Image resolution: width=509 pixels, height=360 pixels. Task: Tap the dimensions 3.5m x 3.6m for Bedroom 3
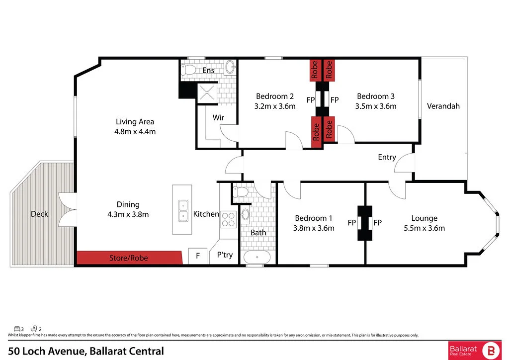pyautogui.click(x=376, y=106)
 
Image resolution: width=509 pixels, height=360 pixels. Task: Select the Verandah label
pyautogui.click(x=443, y=106)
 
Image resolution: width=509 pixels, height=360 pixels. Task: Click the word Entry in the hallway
pyautogui.click(x=387, y=157)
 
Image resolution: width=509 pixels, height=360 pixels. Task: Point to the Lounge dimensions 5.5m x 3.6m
pyautogui.click(x=424, y=228)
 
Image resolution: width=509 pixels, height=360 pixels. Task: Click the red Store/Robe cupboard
pyautogui.click(x=129, y=258)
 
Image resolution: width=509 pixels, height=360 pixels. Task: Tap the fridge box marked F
pyautogui.click(x=198, y=256)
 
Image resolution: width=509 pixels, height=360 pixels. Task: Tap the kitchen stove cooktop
pyautogui.click(x=228, y=219)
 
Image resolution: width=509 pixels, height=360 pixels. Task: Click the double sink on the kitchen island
pyautogui.click(x=183, y=210)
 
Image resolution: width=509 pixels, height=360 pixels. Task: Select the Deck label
pyautogui.click(x=39, y=214)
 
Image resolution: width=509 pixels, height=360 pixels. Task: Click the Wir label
pyautogui.click(x=218, y=118)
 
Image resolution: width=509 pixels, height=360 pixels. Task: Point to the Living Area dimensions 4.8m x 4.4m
pyautogui.click(x=135, y=132)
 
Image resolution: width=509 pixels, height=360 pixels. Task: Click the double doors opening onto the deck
pyautogui.click(x=67, y=208)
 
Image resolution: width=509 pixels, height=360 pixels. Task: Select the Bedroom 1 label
pyautogui.click(x=314, y=218)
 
